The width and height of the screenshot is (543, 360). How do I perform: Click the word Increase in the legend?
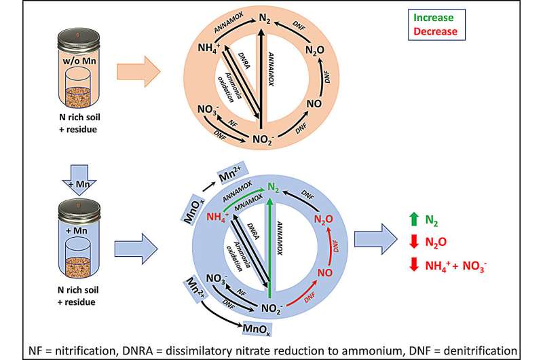tap(433, 18)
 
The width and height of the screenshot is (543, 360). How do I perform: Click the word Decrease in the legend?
tap(435, 31)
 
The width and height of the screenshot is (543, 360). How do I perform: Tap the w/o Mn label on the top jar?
tap(79, 61)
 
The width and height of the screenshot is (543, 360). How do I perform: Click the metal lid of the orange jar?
tap(79, 39)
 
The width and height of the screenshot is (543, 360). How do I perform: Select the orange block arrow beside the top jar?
tap(138, 71)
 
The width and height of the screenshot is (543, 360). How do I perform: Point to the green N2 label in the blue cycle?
tap(274, 187)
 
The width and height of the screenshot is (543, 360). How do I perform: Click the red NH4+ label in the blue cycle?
tap(217, 217)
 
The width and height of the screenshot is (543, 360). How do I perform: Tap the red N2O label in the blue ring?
tap(324, 219)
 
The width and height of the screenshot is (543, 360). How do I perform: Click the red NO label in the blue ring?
tap(325, 272)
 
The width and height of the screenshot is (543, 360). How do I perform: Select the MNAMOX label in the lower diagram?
tap(248, 202)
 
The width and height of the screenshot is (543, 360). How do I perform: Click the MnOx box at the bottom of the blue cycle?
tap(257, 329)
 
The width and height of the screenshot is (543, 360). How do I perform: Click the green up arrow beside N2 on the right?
tap(413, 219)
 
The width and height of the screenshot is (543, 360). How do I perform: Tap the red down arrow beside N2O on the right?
tap(414, 242)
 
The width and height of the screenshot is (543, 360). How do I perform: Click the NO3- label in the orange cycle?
tap(208, 110)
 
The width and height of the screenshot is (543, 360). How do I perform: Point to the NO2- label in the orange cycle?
tap(263, 139)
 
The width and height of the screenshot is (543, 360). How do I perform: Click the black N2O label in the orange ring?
tap(315, 50)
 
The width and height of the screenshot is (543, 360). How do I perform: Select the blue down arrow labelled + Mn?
tap(79, 179)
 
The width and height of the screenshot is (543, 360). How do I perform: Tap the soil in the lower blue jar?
tap(78, 268)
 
